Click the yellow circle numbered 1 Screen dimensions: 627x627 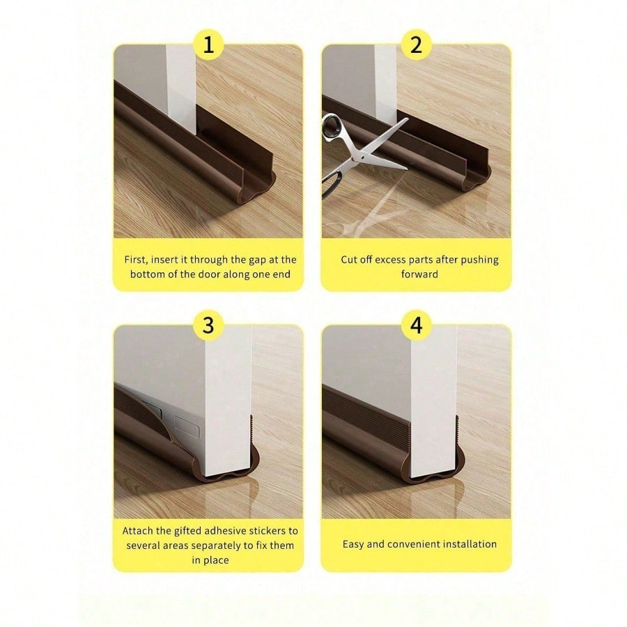coord(208,45)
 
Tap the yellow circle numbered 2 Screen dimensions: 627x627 coord(417,45)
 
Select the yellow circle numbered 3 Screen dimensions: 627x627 coord(208,325)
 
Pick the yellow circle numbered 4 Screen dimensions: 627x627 coord(417,325)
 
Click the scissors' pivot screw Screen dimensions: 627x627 coord(362,157)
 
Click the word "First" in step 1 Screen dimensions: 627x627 coord(136,260)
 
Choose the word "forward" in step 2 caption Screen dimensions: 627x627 coord(419,274)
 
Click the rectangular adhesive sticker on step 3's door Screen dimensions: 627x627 coord(187,426)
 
